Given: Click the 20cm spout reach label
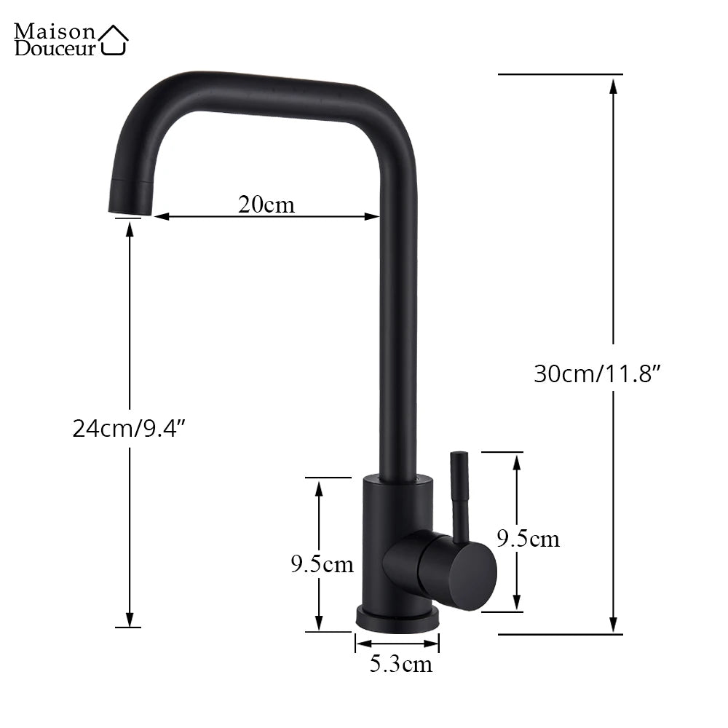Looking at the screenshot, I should coord(266,205).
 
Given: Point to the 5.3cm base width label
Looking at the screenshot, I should coord(400,664).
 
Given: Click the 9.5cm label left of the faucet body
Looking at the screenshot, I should coord(322,563).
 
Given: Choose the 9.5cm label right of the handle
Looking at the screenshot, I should coord(529,539).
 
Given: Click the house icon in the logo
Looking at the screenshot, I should coord(114,40).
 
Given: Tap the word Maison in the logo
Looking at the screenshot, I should coord(55,31).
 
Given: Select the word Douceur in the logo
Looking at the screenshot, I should coord(55,49).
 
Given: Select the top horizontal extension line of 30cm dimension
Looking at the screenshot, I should coord(561,74).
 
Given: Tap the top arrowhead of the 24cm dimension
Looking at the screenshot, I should coord(130,229).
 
